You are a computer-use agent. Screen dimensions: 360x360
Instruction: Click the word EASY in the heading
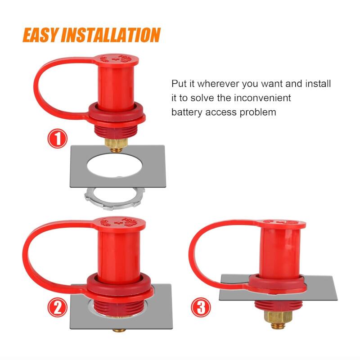point(40,35)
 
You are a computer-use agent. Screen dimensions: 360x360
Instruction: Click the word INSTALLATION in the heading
point(110,35)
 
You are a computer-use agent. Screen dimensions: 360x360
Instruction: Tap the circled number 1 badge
point(58,139)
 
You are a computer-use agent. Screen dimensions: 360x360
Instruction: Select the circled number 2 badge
point(58,308)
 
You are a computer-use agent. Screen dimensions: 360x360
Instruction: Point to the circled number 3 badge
point(201,307)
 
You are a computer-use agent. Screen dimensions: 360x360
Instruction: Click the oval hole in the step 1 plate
point(114,166)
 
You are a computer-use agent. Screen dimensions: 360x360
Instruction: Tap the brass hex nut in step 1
point(116,143)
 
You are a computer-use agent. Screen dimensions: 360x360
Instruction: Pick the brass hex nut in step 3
point(278,317)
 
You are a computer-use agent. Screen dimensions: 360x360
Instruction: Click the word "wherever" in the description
point(218,84)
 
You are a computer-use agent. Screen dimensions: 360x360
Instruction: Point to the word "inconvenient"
point(262,98)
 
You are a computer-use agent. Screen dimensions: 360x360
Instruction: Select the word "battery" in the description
point(187,112)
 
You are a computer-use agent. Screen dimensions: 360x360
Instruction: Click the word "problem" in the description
point(258,112)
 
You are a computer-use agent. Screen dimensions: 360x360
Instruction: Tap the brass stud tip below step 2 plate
point(119,330)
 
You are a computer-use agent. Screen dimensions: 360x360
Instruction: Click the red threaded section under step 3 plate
point(278,306)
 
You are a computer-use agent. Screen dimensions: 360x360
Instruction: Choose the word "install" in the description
point(318,84)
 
